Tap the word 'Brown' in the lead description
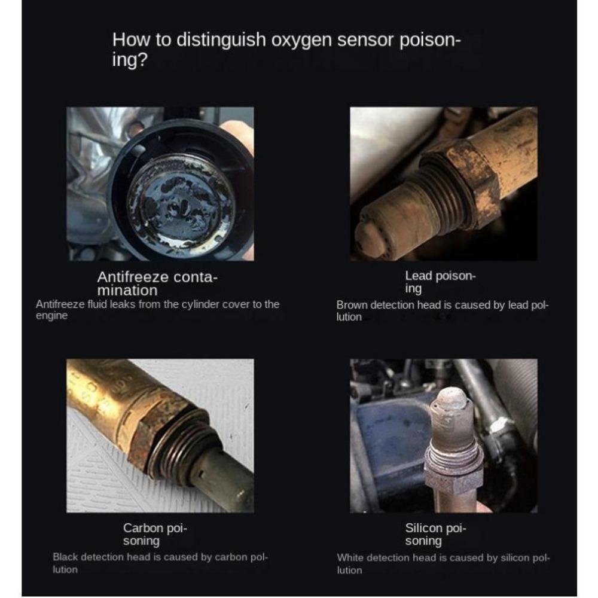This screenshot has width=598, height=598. coord(352,305)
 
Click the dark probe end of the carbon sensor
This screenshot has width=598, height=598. coord(227,478)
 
